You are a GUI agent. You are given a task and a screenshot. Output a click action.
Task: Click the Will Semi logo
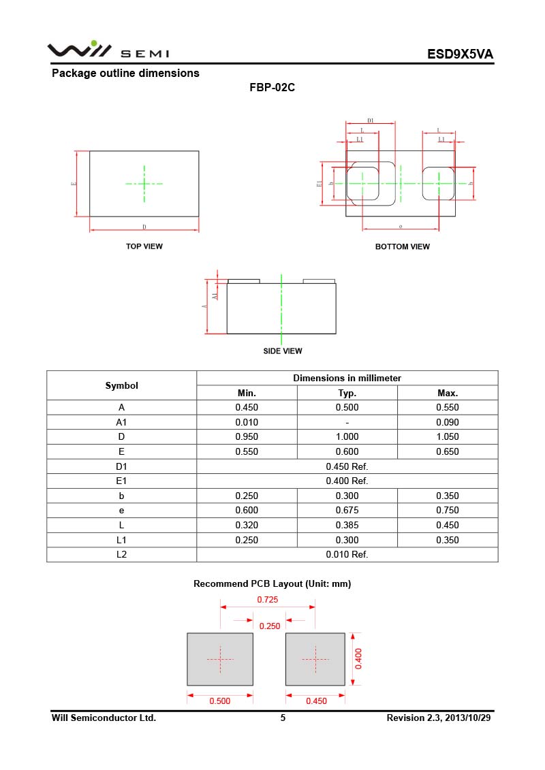coord(108,51)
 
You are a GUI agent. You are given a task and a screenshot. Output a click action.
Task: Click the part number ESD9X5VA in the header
coord(460,54)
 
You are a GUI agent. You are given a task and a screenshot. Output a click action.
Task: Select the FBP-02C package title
coord(272,88)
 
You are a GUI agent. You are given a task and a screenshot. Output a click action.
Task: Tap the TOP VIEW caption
coord(144,246)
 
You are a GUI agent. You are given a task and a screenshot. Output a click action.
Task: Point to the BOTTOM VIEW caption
coord(403,246)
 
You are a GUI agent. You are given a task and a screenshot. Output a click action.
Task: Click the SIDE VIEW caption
coord(283,351)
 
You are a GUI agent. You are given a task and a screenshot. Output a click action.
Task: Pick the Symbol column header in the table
coord(121,385)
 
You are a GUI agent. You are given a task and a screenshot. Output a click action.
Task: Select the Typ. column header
coord(347,393)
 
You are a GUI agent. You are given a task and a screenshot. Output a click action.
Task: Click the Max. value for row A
coord(448,408)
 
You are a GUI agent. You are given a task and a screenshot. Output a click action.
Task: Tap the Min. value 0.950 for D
coord(247,437)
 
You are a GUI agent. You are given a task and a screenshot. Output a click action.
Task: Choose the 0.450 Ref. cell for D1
coord(347,466)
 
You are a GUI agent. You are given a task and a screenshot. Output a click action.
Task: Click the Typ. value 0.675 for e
coord(347,511)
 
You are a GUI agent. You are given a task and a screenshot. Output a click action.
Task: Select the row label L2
coord(121,554)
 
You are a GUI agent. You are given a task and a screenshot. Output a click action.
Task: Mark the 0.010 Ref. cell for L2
coord(347,554)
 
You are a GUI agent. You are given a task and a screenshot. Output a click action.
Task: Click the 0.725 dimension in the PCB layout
coord(267,600)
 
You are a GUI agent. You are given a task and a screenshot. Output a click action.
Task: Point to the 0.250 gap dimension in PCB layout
coord(270,626)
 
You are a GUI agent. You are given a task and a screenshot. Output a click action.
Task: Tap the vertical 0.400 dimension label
coord(358,659)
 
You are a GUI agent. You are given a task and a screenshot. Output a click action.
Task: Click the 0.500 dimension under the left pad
coord(219,701)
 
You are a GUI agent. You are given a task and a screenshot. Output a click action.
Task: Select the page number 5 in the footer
coord(283,718)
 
